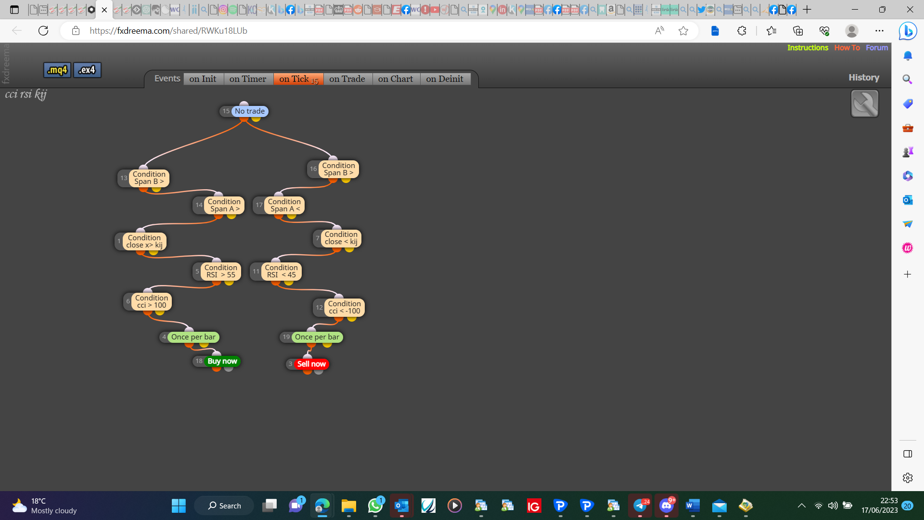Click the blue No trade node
click(249, 111)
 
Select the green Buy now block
click(222, 361)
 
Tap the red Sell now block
click(311, 364)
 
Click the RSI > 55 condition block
click(221, 271)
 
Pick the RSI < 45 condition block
click(282, 271)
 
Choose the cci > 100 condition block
click(152, 301)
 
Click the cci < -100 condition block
click(345, 307)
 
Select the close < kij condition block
click(341, 238)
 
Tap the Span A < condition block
click(284, 205)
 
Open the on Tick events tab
click(298, 79)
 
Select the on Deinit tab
click(445, 79)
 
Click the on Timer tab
click(248, 79)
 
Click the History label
click(864, 78)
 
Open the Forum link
click(877, 48)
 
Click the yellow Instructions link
click(808, 48)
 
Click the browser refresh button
click(43, 31)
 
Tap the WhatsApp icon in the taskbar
click(375, 506)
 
